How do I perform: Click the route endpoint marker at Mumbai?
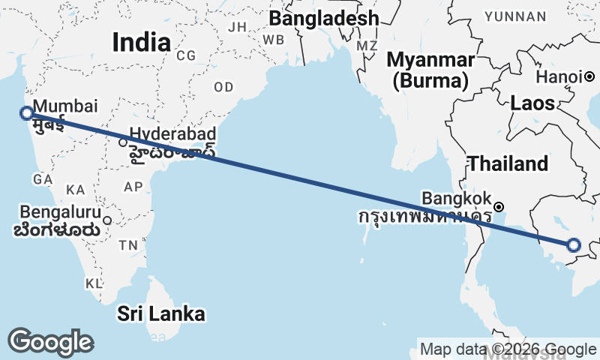[x=27, y=113]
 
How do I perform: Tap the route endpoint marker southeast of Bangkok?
[x=574, y=244]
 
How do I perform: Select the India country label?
[x=141, y=43]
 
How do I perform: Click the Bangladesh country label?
[x=323, y=18]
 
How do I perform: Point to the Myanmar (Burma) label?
[x=430, y=70]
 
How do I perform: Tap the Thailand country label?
[x=508, y=163]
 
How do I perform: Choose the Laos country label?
[x=532, y=103]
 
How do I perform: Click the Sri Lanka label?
[x=160, y=313]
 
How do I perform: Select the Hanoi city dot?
[x=590, y=76]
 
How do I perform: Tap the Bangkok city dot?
[x=499, y=206]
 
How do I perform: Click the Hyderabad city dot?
[x=123, y=142]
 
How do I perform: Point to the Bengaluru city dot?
[x=107, y=220]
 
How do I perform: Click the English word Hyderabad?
[x=173, y=134]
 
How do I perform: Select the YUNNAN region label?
[x=536, y=16]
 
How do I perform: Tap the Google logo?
[x=50, y=342]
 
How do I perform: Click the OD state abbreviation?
[x=223, y=87]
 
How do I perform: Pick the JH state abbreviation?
[x=237, y=27]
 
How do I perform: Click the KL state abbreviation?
[x=93, y=283]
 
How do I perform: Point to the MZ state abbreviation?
[x=367, y=46]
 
